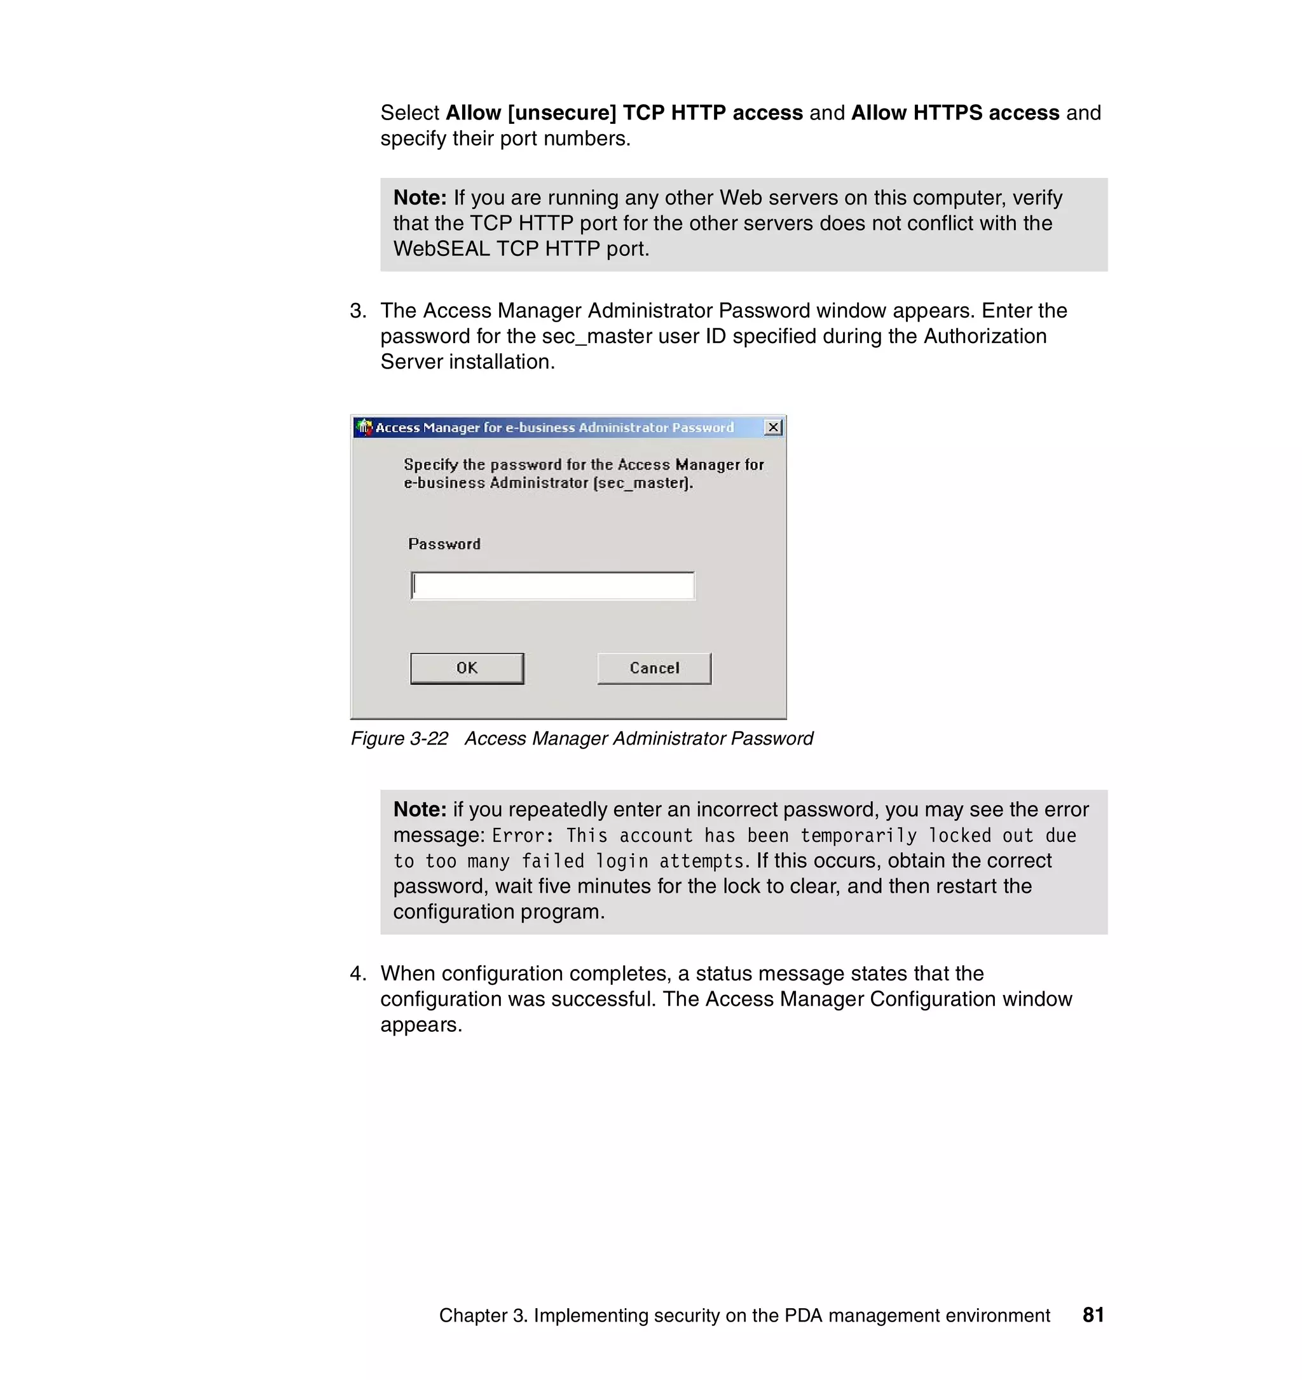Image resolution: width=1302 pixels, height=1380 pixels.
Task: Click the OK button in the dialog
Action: coord(467,668)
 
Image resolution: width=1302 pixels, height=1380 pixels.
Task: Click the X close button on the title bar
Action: coord(773,428)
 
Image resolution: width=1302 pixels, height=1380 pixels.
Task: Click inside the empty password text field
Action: coord(552,586)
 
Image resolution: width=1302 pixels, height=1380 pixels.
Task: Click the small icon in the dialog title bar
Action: coord(364,428)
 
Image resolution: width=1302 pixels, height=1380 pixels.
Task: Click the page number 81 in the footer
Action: coord(1093,1315)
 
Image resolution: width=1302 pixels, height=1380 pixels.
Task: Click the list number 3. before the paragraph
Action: coord(358,311)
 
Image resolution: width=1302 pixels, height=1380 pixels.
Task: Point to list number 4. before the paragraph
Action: coord(358,973)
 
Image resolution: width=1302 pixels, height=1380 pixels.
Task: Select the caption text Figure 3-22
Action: coord(399,738)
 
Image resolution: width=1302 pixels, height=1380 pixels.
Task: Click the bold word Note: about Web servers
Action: coord(420,198)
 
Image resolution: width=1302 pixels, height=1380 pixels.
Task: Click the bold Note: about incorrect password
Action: coord(420,809)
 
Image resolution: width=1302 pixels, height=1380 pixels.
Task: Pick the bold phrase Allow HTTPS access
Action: coord(955,112)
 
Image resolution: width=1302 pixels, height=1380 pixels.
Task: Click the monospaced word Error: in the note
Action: coord(522,835)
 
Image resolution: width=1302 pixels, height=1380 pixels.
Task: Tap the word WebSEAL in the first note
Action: coord(442,248)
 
